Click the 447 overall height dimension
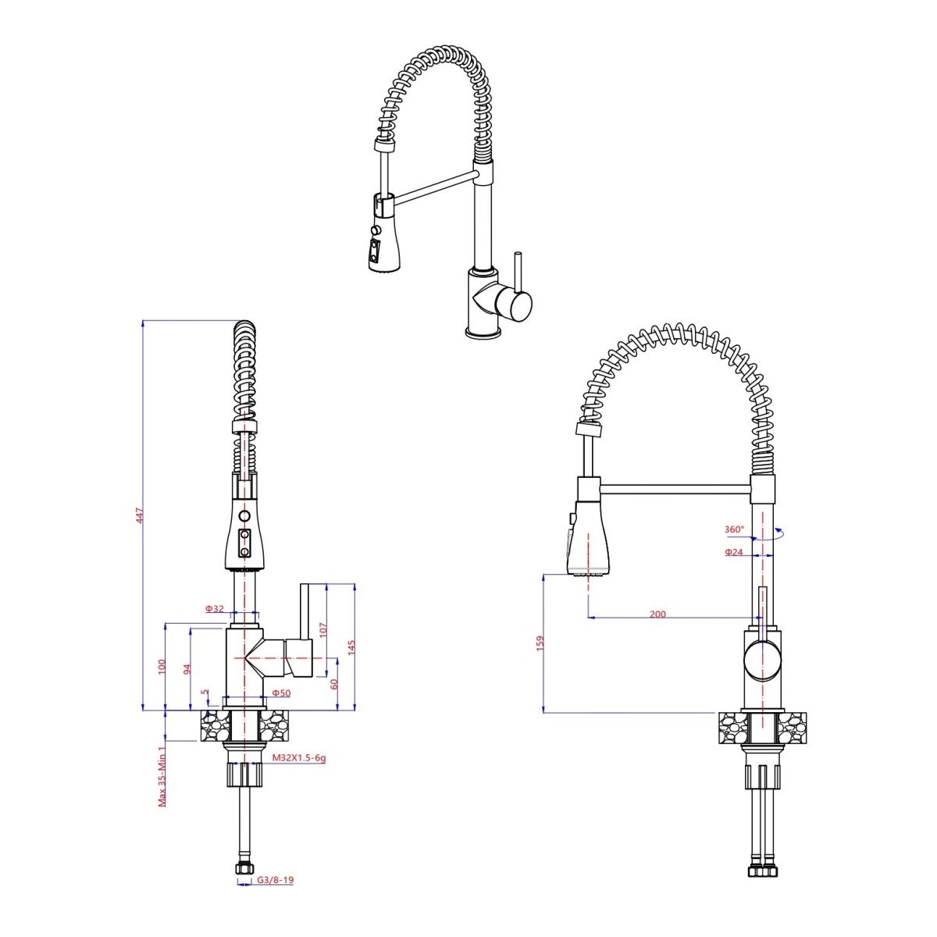point(140,515)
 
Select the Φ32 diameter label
point(215,608)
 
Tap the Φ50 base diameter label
point(281,693)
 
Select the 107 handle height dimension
point(324,629)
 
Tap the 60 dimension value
point(333,684)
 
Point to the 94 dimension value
point(187,669)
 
